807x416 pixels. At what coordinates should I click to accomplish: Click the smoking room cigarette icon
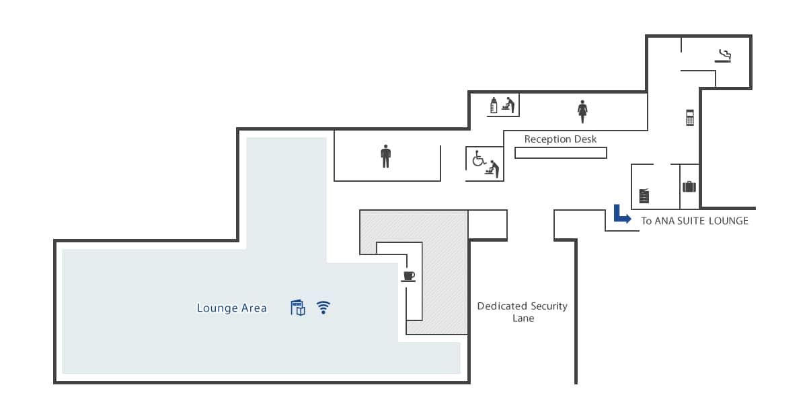(723, 57)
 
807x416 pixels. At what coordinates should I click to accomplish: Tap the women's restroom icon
(582, 112)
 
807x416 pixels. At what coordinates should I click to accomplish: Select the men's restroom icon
(386, 156)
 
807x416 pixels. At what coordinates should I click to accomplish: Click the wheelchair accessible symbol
(479, 158)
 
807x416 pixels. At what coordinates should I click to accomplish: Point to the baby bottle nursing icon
(494, 105)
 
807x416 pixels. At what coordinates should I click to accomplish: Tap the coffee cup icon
(408, 276)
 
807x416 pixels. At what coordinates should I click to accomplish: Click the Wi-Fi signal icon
(323, 308)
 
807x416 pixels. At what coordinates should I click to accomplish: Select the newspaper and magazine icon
(298, 308)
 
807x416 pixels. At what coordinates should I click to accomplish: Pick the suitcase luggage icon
(689, 186)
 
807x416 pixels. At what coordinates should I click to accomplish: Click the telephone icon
(690, 118)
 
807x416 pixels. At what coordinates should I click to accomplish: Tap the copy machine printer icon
(644, 196)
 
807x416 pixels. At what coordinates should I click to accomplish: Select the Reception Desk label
(560, 139)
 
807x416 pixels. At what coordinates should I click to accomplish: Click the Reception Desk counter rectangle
(561, 153)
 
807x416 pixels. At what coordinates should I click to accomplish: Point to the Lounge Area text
(231, 308)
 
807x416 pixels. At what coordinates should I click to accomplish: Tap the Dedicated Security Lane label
(523, 312)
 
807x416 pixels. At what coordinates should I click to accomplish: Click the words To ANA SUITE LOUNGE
(695, 221)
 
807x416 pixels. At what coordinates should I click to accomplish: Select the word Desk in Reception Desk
(585, 139)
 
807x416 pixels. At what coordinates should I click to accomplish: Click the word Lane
(523, 318)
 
